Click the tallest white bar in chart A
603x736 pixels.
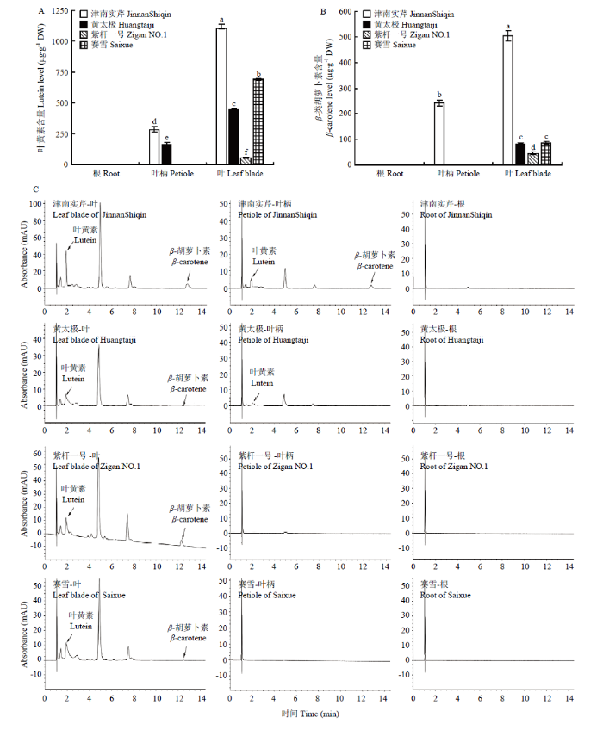(221, 96)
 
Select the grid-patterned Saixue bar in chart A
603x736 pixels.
(258, 121)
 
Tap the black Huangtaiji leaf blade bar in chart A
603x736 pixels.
(233, 137)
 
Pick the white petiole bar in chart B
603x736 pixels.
(439, 133)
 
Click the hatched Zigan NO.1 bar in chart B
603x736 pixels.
(533, 158)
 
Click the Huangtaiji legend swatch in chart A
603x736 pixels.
(83, 24)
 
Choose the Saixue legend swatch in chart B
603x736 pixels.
(366, 45)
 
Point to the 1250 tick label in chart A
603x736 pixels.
(59, 10)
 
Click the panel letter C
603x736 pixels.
(36, 189)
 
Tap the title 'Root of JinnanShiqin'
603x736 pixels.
(456, 215)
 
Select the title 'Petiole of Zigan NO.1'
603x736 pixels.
(275, 467)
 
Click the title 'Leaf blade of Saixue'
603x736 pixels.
(89, 595)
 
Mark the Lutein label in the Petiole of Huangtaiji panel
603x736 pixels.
(262, 383)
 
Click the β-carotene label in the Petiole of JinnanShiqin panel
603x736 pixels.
(375, 266)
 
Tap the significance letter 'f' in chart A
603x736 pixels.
(246, 152)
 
